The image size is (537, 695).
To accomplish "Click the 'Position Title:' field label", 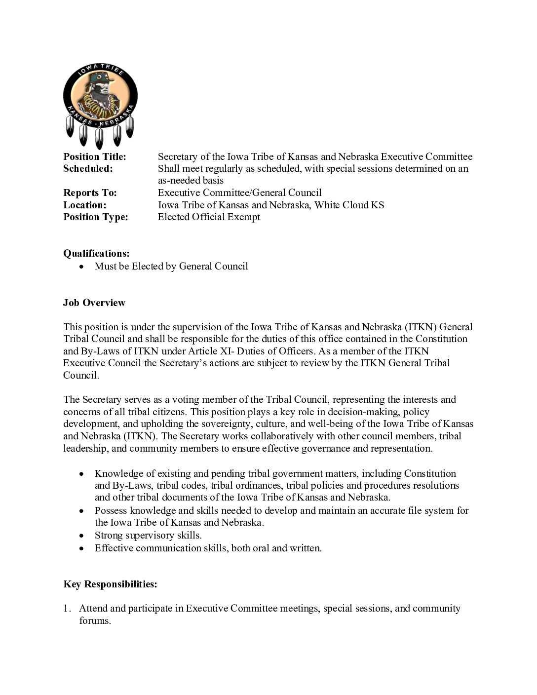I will coord(95,157).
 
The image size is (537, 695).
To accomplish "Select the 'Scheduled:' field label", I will coord(88,169).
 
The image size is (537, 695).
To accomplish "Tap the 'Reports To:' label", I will coord(90,193).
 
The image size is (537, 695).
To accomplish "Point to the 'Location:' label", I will coord(84,205).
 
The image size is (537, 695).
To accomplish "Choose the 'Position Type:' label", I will coord(95,217).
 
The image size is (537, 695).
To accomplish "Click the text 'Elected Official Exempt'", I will coord(209,217).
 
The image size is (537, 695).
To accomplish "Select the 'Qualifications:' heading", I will coord(96,254).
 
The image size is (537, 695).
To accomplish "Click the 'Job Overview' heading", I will coord(94,303).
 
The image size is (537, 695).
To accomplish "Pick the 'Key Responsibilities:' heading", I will coord(110,584).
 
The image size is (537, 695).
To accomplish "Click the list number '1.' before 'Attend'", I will coord(67,609).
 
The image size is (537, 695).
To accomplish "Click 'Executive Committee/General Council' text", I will coord(239,193).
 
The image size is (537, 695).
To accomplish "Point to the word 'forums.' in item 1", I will coord(95,621).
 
